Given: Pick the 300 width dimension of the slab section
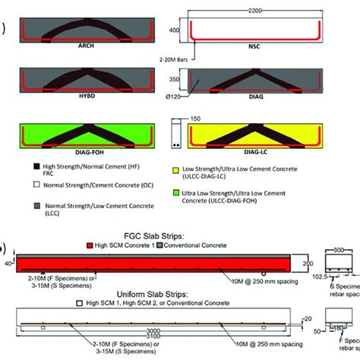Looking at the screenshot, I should (340, 249).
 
